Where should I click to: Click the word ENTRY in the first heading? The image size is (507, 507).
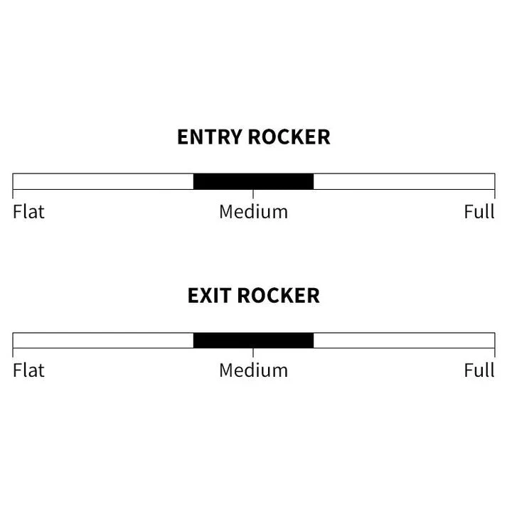210,137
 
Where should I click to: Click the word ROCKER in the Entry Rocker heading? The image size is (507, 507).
289,137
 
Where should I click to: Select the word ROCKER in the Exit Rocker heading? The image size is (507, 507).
279,296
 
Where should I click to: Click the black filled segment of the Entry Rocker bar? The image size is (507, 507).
253,181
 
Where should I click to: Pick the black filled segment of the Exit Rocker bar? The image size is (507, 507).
253,340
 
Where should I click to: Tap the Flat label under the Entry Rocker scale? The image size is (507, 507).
28,212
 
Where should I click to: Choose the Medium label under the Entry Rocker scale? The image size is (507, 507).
253,212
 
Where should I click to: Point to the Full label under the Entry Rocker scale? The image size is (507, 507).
479,212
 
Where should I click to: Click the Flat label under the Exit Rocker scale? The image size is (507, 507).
28,370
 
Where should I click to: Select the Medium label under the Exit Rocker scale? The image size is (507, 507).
253,370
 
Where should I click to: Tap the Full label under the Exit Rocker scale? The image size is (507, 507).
479,370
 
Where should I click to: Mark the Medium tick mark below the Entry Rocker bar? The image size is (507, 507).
253,194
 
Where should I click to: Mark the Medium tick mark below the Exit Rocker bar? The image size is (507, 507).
253,353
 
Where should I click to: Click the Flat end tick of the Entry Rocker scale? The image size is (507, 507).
13,194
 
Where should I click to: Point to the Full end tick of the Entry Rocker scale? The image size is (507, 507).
495,194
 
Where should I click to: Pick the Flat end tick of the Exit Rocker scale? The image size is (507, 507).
13,353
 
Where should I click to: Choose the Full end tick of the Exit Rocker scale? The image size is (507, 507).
495,353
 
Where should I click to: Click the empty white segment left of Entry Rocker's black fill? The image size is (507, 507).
103,181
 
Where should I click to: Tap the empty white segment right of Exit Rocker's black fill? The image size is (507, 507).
404,340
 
